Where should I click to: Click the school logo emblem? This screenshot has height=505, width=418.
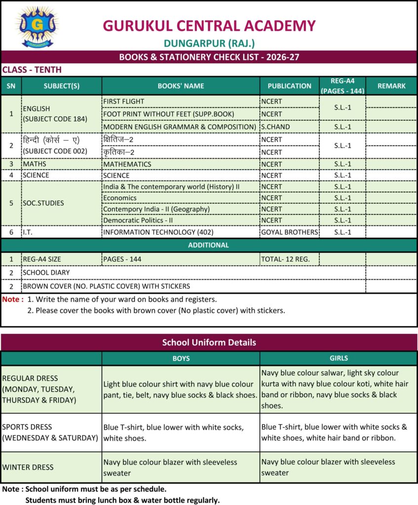click(x=37, y=26)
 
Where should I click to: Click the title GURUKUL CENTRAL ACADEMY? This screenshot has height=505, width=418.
click(x=209, y=26)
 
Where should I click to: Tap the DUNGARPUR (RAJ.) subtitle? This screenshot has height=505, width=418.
click(x=209, y=43)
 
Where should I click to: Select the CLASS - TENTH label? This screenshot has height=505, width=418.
click(x=32, y=70)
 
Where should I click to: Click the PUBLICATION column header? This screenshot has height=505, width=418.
click(x=289, y=86)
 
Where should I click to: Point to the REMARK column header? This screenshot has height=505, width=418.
click(x=391, y=86)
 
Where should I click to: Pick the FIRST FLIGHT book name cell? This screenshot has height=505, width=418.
click(x=124, y=102)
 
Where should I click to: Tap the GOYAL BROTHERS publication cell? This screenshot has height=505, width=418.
click(x=289, y=232)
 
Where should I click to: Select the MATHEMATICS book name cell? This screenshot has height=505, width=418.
click(x=127, y=164)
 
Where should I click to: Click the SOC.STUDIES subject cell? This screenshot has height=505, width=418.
click(x=43, y=203)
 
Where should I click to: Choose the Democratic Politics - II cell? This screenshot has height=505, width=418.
click(x=138, y=220)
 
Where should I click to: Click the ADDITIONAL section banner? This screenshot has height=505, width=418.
click(x=209, y=245)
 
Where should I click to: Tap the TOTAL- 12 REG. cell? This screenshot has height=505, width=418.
click(x=286, y=259)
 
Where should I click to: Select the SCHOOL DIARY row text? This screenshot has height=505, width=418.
click(x=46, y=272)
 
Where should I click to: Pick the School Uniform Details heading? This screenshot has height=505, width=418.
click(x=209, y=342)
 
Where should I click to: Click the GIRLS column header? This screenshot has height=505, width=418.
click(x=339, y=358)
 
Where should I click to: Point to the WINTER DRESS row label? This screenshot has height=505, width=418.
click(x=28, y=467)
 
